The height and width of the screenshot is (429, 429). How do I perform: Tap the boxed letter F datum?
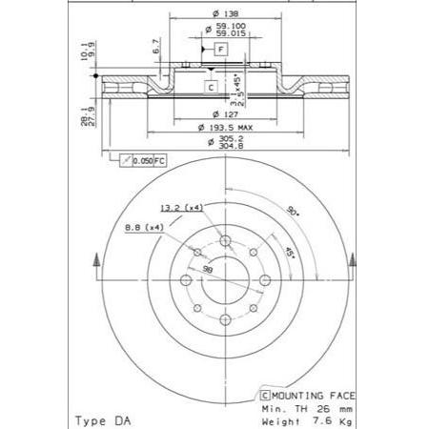[x=220, y=49]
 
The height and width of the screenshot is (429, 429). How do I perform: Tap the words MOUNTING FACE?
[x=311, y=394]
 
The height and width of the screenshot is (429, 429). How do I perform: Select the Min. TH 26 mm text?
[x=304, y=406]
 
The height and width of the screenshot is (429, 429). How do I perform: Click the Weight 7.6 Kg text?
[x=306, y=419]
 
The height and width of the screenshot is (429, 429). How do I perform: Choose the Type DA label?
[x=101, y=419]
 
